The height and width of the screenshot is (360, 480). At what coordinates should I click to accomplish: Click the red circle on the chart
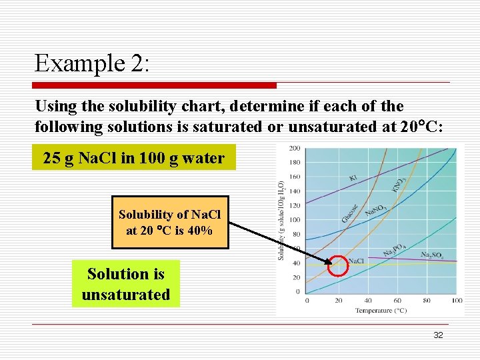coord(338,265)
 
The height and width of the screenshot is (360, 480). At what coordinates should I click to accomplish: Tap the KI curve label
coord(353,178)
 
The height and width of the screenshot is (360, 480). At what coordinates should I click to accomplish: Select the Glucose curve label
coord(350,213)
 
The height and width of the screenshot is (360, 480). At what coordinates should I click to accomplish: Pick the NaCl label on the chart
coord(357,261)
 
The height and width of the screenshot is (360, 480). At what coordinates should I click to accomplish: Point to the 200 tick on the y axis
coord(295,148)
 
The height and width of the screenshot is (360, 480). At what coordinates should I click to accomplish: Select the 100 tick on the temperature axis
coord(457,301)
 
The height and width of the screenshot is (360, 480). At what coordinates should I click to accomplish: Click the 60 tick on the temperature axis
coord(397,301)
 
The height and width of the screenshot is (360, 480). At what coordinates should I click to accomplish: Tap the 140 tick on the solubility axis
coord(295,191)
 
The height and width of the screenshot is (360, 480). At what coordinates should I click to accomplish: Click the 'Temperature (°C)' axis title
coord(381,311)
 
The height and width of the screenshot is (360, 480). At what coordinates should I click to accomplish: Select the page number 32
coord(438,335)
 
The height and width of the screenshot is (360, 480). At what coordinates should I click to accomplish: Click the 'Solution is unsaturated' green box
coord(126,284)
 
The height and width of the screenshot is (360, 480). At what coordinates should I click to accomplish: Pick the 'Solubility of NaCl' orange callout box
coord(169,223)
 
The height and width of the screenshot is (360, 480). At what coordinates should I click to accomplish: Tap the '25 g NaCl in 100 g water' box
coord(134,158)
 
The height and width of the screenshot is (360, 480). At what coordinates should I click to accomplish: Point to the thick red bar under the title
coord(155,85)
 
